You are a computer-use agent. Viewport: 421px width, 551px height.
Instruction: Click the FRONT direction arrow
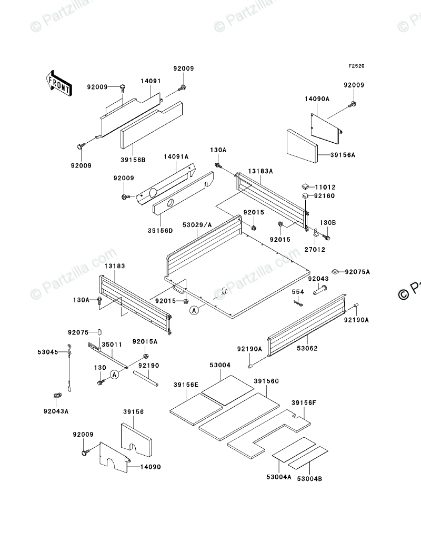[x=58, y=83]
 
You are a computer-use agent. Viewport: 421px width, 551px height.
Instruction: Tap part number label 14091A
[x=176, y=156]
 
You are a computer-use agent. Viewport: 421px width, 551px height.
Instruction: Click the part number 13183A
[x=261, y=171]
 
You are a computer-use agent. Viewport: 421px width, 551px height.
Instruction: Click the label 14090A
[x=317, y=99]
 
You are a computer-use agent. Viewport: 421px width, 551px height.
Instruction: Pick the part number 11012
[x=325, y=187]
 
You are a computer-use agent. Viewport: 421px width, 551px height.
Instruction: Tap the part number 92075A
[x=358, y=272]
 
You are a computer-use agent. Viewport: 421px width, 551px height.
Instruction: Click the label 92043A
[x=56, y=411]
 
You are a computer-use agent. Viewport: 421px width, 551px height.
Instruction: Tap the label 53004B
[x=310, y=479]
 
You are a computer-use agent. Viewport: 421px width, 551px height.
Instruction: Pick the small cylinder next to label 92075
[x=98, y=332]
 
